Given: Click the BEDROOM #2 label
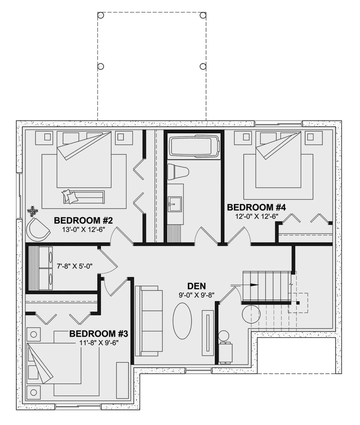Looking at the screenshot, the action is (x=83, y=221).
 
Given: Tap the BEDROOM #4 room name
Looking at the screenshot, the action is (x=256, y=208).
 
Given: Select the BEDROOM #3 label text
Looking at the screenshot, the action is (x=98, y=334).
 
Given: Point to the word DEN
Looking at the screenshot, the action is (x=196, y=286).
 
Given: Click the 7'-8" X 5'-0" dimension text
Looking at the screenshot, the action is (x=75, y=266).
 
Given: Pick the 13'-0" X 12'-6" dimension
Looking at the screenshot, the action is (x=84, y=230).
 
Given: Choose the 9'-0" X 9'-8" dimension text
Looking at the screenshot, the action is (x=196, y=295).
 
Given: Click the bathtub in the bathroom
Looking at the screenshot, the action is (x=194, y=146).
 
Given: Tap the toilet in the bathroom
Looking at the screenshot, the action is (x=178, y=172).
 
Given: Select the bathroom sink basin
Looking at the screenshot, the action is (x=175, y=204).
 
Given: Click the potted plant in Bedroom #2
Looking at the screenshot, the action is (x=32, y=211).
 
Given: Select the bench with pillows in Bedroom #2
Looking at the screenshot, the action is (x=83, y=197).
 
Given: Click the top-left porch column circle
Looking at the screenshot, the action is (x=100, y=15).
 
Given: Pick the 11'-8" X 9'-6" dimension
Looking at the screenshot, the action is (x=99, y=343).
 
